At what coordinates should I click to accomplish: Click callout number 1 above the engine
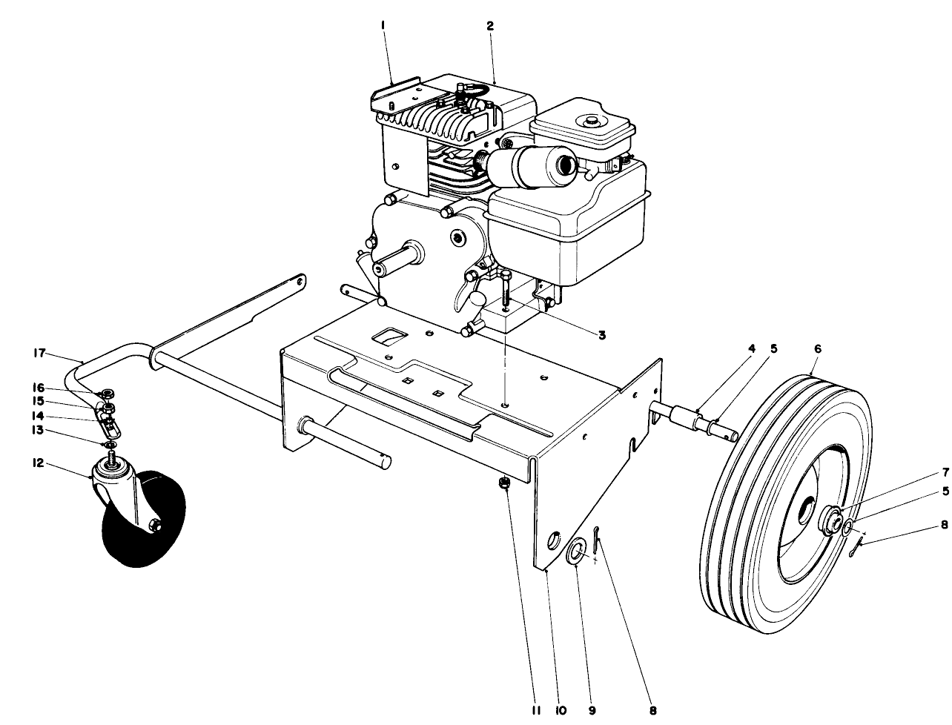click(x=383, y=26)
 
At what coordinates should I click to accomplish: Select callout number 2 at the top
click(x=490, y=26)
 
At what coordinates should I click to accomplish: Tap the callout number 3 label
click(x=602, y=335)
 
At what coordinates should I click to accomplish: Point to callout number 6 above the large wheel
click(x=817, y=348)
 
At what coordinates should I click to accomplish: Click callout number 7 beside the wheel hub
click(x=925, y=471)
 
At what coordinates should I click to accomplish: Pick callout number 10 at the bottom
click(x=561, y=710)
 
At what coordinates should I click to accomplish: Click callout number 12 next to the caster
click(x=38, y=465)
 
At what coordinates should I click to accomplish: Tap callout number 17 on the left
click(x=38, y=353)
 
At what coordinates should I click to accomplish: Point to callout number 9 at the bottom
click(x=592, y=710)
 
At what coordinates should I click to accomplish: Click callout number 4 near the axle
click(x=751, y=348)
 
